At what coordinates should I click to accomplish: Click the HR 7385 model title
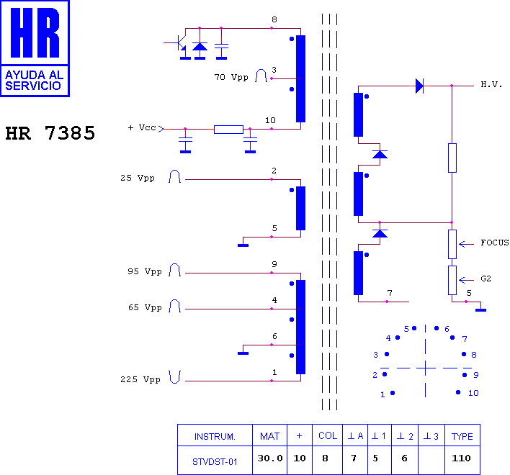click(x=50, y=133)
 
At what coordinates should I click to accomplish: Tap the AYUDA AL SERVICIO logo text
click(x=34, y=81)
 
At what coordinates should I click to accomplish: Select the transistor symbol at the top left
click(x=176, y=42)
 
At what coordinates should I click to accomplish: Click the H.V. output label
click(x=491, y=85)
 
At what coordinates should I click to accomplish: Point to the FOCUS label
click(x=494, y=243)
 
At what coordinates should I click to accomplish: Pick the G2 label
click(x=486, y=279)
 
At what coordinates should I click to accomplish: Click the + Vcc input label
click(x=142, y=127)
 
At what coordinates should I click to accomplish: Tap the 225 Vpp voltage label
click(x=140, y=379)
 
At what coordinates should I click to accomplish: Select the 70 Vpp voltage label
click(x=231, y=77)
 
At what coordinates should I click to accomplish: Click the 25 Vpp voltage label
click(x=138, y=178)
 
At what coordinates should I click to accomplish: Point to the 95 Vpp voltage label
click(x=144, y=271)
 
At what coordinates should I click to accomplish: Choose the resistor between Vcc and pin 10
click(x=228, y=130)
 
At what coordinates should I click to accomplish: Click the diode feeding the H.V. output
click(x=419, y=86)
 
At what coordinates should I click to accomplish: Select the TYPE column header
click(x=462, y=435)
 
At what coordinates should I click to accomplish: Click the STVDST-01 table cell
click(x=215, y=460)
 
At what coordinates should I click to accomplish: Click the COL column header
click(x=327, y=435)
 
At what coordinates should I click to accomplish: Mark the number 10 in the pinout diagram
click(x=473, y=393)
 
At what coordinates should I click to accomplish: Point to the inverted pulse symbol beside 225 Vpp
click(x=174, y=377)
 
